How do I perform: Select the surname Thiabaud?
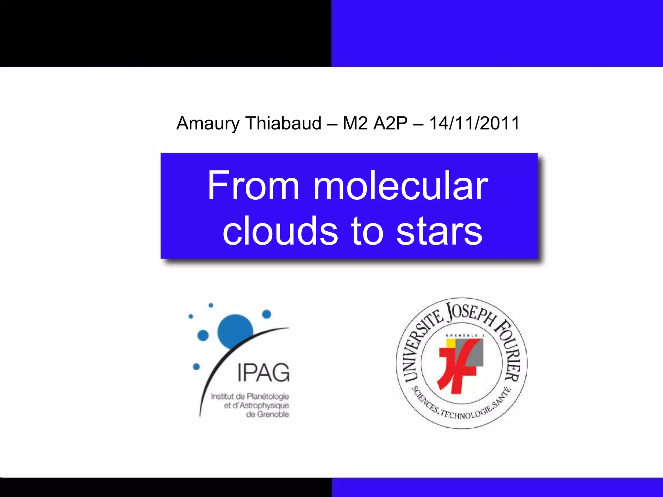point(283,124)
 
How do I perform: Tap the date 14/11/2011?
point(474,124)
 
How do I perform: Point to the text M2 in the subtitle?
point(355,124)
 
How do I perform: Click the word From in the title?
point(253,186)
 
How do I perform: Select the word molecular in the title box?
point(400,186)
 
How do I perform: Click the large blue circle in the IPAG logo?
point(235,331)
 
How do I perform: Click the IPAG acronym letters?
point(263,373)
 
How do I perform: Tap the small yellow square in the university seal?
point(450,343)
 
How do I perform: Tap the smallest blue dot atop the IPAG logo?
point(211,305)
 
